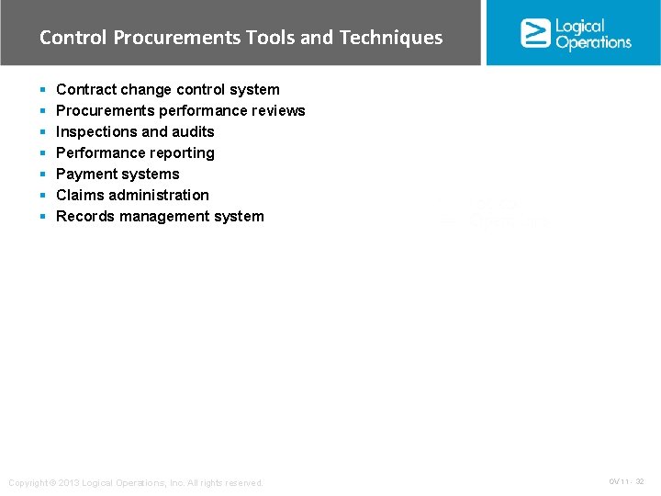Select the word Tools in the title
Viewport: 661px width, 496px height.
[271, 38]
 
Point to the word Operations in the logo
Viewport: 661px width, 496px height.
[593, 42]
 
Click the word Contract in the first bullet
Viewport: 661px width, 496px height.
[84, 89]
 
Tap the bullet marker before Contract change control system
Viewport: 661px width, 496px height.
[43, 90]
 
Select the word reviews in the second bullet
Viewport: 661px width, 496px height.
[278, 110]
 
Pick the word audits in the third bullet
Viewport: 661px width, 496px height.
[194, 131]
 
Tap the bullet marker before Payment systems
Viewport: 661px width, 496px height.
[43, 175]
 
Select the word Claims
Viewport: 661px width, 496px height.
[80, 195]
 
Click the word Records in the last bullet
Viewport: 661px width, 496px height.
[84, 216]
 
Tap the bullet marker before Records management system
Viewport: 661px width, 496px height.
[43, 217]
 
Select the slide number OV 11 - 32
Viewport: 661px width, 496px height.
[626, 481]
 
